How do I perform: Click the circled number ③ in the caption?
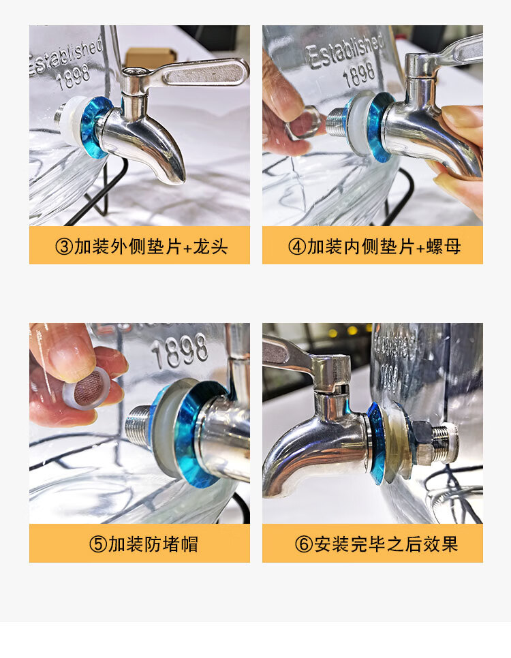[x=64, y=247]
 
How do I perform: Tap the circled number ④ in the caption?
[x=297, y=247]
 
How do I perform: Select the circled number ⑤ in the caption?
[x=98, y=544]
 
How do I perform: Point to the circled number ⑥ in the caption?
[x=304, y=544]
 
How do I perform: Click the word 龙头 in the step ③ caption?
[x=211, y=247]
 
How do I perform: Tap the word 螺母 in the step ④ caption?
[x=444, y=247]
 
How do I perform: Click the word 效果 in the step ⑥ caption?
[x=440, y=544]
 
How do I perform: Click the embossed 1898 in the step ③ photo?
[x=74, y=77]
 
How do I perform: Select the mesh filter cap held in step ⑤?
[x=87, y=388]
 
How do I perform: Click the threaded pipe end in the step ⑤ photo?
[x=140, y=424]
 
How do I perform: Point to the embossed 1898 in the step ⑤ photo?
[x=180, y=351]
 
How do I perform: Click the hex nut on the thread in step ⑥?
[x=424, y=441]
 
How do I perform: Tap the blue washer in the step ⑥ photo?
[x=377, y=443]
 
